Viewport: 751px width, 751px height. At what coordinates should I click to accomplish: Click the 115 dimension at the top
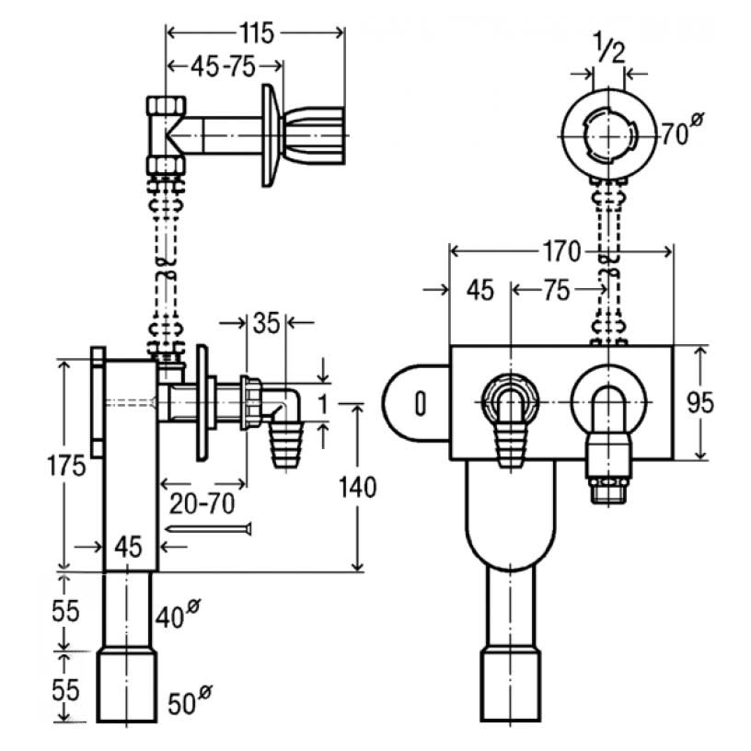(x=255, y=33)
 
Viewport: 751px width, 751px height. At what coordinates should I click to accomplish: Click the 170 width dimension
(x=561, y=250)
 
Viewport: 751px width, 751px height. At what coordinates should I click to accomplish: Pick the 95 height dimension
(x=726, y=402)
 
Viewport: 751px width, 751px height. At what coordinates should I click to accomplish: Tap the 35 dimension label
(x=268, y=323)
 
